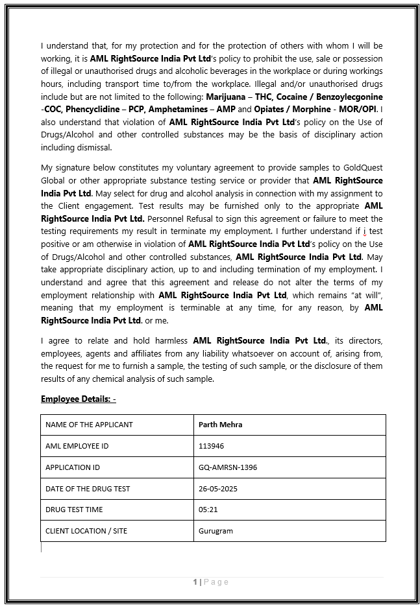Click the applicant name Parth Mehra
coord(221,425)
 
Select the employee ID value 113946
coord(211,446)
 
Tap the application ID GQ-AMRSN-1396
coord(227,467)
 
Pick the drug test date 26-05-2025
coord(217,488)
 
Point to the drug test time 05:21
coord(208,510)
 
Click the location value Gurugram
coord(216,531)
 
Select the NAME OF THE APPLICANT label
coord(89,425)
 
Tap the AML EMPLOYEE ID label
coord(77,446)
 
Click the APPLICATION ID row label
coord(73,467)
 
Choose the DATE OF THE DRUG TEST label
coord(88,488)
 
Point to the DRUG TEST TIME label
coord(74,510)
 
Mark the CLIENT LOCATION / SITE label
coord(86,531)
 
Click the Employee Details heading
coord(78,399)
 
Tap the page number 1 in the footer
coord(195,582)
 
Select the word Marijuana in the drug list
coord(225,96)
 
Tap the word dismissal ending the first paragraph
coord(93,147)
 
